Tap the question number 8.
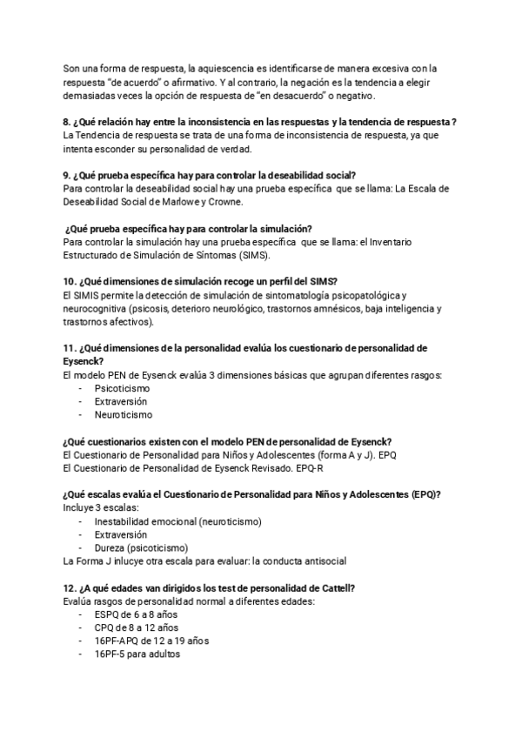point(68,121)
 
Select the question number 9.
point(68,174)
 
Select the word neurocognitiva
point(95,309)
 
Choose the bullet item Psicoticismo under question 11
point(123,388)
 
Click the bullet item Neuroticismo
point(123,415)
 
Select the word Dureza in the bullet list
point(110,547)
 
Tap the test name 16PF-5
point(110,654)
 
